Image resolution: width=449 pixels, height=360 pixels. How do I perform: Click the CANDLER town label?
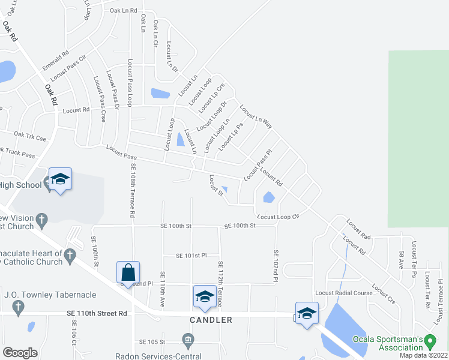click(211, 320)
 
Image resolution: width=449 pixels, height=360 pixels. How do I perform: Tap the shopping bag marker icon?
click(129, 273)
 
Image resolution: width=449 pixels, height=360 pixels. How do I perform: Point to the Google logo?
click(20, 353)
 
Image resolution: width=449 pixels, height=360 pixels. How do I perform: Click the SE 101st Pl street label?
click(191, 256)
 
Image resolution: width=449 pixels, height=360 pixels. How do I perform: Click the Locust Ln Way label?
click(256, 117)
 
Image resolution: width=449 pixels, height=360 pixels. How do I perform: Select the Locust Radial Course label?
click(344, 293)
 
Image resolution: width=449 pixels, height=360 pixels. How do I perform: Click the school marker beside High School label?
click(60, 179)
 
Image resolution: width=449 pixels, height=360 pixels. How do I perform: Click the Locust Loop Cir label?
click(278, 217)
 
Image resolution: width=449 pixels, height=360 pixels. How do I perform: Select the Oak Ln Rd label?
click(124, 11)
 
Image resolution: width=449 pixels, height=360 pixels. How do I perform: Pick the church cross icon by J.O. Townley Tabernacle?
click(18, 308)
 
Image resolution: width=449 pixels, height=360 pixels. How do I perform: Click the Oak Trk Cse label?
click(30, 136)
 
